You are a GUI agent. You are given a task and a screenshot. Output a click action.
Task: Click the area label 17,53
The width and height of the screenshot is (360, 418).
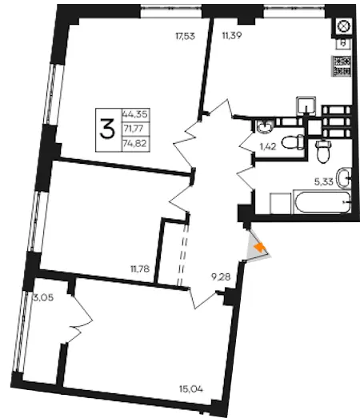point(186,36)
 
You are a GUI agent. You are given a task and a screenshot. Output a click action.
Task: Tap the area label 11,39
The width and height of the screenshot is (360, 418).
point(232,35)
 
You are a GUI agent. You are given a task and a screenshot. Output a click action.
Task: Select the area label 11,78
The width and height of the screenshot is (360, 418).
point(140,269)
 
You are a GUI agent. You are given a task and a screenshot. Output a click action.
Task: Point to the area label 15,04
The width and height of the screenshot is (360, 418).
point(191,389)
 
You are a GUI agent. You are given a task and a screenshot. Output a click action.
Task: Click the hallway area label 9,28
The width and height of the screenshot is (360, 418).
point(221,277)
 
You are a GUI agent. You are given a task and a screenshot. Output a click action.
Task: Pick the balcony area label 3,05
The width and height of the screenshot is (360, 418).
point(43,297)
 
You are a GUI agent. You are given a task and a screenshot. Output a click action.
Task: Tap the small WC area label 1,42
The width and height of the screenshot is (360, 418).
point(268,146)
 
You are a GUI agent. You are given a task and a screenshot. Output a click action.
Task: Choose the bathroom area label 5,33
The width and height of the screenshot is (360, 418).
point(324,182)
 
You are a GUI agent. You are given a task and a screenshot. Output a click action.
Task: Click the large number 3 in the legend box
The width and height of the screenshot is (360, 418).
point(107,129)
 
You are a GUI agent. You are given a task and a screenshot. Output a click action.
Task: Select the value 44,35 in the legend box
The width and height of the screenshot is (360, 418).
point(135,114)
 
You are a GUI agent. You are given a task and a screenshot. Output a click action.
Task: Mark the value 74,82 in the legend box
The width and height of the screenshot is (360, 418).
point(134,144)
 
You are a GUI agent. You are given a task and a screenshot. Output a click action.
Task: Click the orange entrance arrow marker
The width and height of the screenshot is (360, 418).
point(259,248)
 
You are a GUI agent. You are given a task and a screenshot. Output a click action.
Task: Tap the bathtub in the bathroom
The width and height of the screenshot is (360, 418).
point(322,202)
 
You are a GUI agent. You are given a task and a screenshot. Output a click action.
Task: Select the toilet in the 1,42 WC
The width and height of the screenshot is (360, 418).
point(293,142)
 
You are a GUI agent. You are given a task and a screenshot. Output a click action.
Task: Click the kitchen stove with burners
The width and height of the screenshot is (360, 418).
point(341,66)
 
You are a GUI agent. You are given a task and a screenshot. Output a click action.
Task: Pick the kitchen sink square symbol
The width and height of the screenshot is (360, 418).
point(306,105)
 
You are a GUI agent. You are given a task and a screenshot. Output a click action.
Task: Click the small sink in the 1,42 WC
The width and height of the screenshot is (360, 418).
point(265,126)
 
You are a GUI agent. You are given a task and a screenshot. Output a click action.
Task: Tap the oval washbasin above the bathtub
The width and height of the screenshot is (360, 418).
point(344,178)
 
